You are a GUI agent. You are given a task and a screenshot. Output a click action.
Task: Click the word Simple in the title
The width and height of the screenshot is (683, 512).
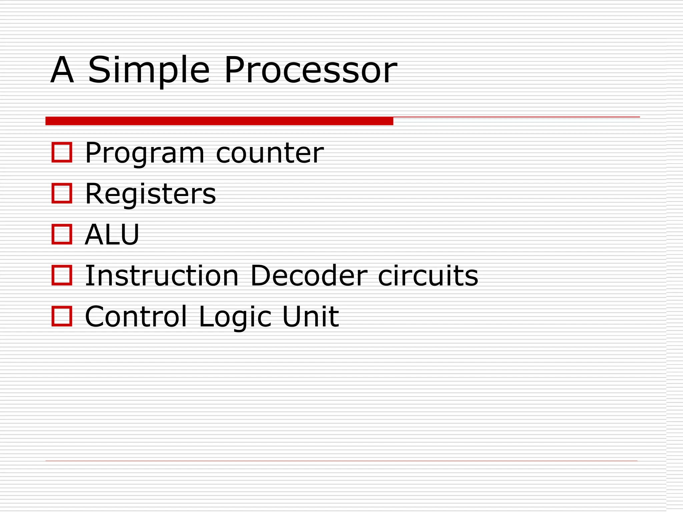148,71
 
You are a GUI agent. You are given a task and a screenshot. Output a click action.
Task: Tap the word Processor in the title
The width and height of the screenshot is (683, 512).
310,71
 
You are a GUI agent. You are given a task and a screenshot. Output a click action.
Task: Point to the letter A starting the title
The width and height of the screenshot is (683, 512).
62,71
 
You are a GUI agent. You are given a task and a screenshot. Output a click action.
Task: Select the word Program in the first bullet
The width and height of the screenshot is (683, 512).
144,153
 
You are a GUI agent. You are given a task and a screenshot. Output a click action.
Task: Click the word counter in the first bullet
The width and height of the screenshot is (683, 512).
270,153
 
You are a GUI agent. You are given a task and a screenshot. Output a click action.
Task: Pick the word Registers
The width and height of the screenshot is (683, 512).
150,194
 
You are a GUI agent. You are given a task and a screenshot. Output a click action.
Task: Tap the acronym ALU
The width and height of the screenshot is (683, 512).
112,235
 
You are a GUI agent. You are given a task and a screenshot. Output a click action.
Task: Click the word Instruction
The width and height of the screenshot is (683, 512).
162,276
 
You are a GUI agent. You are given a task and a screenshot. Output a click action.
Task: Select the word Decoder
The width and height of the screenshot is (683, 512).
309,276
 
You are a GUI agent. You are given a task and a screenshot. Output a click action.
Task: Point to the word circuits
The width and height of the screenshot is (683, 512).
428,276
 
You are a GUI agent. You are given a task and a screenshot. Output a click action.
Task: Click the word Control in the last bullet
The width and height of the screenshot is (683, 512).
136,316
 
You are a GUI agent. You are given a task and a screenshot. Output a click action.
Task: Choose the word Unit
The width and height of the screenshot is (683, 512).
310,316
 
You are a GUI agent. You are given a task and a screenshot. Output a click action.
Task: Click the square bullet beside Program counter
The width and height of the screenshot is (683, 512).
62,152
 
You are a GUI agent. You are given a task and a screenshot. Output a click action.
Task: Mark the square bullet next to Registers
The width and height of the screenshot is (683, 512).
62,193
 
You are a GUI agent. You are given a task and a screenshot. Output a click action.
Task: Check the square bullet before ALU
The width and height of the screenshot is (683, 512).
62,234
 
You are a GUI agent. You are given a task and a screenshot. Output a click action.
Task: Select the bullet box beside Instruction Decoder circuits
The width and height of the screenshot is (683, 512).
62,275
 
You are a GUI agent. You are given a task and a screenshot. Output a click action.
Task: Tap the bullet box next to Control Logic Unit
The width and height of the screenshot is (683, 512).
62,316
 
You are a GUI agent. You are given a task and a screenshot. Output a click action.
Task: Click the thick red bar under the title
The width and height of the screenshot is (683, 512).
219,121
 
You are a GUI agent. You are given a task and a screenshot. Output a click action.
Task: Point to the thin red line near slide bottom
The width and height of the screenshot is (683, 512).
341,461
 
